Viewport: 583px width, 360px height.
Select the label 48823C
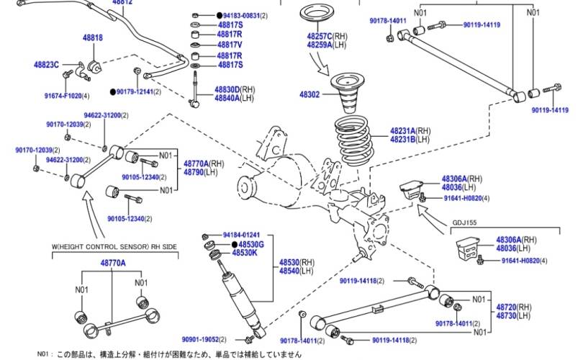47,64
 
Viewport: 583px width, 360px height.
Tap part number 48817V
230,44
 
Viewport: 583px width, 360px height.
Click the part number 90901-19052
204,338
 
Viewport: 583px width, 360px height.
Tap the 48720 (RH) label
512,307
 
